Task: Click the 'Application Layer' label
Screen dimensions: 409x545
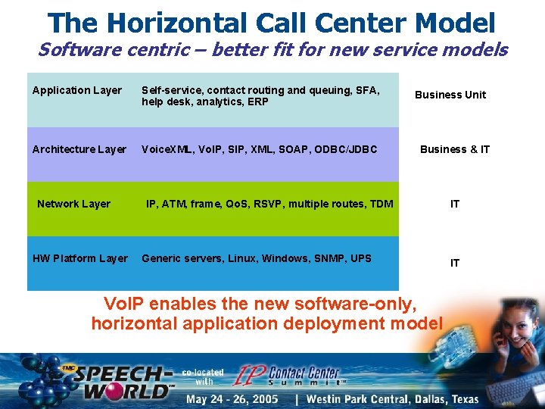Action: click(x=77, y=91)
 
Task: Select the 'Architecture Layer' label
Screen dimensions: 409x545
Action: click(x=79, y=149)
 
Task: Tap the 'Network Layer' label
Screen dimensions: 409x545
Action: click(x=74, y=204)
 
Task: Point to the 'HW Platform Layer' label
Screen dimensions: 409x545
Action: click(x=80, y=258)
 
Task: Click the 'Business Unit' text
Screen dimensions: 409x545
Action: click(x=450, y=95)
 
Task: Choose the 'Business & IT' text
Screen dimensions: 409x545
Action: click(x=455, y=149)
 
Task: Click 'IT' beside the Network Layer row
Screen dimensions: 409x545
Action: click(x=455, y=204)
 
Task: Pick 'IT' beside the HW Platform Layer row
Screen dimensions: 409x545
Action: click(x=455, y=263)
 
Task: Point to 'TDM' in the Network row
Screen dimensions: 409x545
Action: click(x=381, y=204)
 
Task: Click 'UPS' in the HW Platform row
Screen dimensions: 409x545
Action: click(x=361, y=258)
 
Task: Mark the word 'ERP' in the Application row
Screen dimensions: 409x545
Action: click(x=258, y=101)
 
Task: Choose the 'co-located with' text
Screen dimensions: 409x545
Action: click(x=203, y=376)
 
